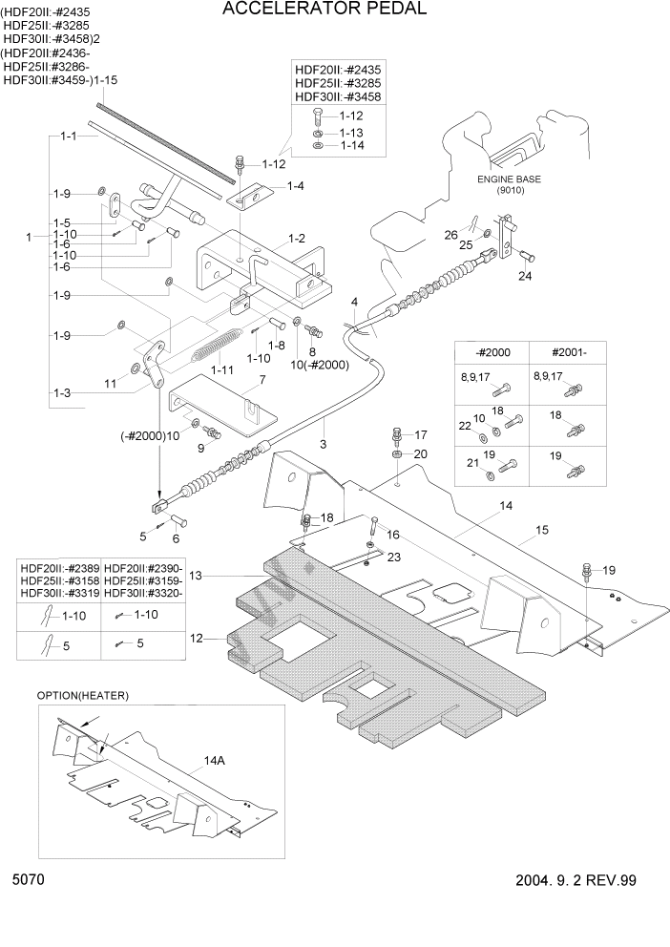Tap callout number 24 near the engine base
click(x=524, y=277)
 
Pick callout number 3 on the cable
click(x=323, y=444)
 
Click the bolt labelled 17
click(x=397, y=438)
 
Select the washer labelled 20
click(x=397, y=455)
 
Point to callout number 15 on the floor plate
click(x=541, y=528)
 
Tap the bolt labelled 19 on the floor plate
click(x=584, y=574)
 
